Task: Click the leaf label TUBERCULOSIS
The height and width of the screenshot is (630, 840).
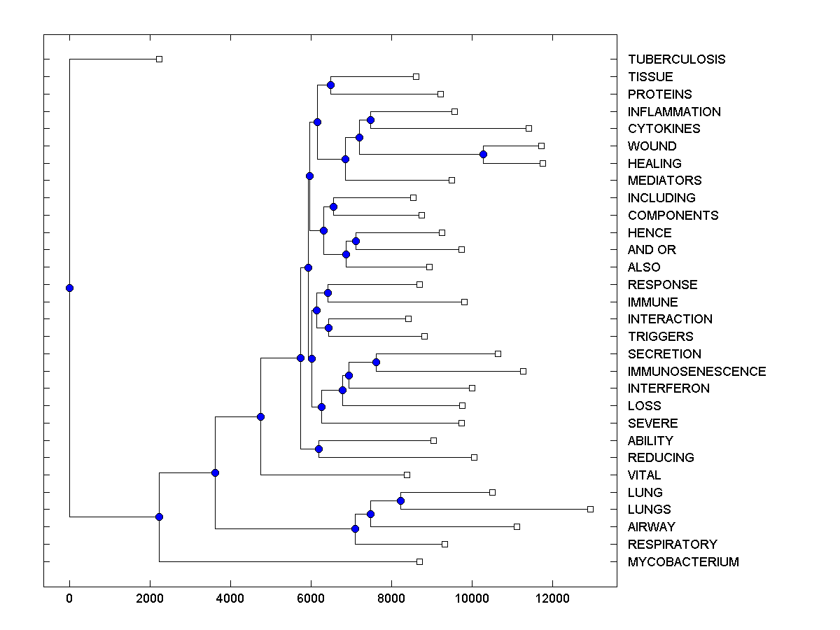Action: pos(676,59)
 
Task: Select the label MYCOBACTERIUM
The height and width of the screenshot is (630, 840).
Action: pos(683,562)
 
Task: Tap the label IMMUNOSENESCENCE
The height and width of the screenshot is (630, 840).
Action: pos(696,372)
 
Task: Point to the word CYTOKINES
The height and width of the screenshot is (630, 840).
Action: pos(664,129)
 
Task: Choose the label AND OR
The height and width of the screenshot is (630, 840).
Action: pos(652,250)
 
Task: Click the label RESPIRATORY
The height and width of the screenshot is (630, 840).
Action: pos(672,545)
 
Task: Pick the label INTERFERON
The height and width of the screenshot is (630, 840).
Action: pos(668,388)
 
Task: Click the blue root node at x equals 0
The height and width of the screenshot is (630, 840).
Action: pos(69,288)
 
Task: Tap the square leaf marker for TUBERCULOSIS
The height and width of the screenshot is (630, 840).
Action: pos(159,59)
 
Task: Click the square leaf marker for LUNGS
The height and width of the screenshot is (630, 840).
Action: pos(590,509)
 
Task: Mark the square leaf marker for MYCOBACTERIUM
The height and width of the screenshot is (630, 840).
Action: pos(419,561)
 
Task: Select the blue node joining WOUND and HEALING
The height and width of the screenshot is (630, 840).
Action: pos(483,154)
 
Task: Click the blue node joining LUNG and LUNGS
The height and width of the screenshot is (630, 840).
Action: pos(400,500)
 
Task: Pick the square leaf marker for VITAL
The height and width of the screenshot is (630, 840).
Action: pos(407,475)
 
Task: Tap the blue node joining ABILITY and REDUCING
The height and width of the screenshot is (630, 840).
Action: pos(318,449)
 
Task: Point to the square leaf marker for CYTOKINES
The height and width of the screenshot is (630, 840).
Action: pos(528,128)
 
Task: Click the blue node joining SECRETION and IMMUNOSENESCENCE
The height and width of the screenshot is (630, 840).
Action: pos(376,362)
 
